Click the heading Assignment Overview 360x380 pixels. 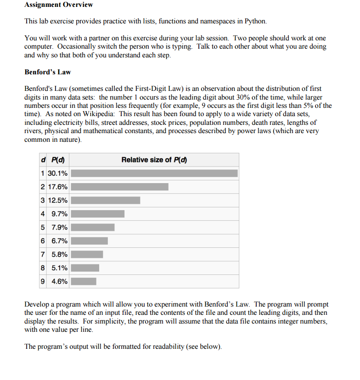58,5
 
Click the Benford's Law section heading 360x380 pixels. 47,72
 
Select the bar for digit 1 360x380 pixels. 154,173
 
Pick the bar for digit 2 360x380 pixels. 119,187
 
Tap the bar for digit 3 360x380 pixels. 105,200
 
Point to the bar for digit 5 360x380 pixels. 92,227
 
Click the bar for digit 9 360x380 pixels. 83,281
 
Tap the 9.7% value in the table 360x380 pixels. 60,214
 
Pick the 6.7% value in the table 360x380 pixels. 60,241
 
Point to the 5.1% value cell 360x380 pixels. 60,268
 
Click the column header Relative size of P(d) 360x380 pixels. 154,160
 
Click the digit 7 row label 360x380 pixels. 43,254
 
